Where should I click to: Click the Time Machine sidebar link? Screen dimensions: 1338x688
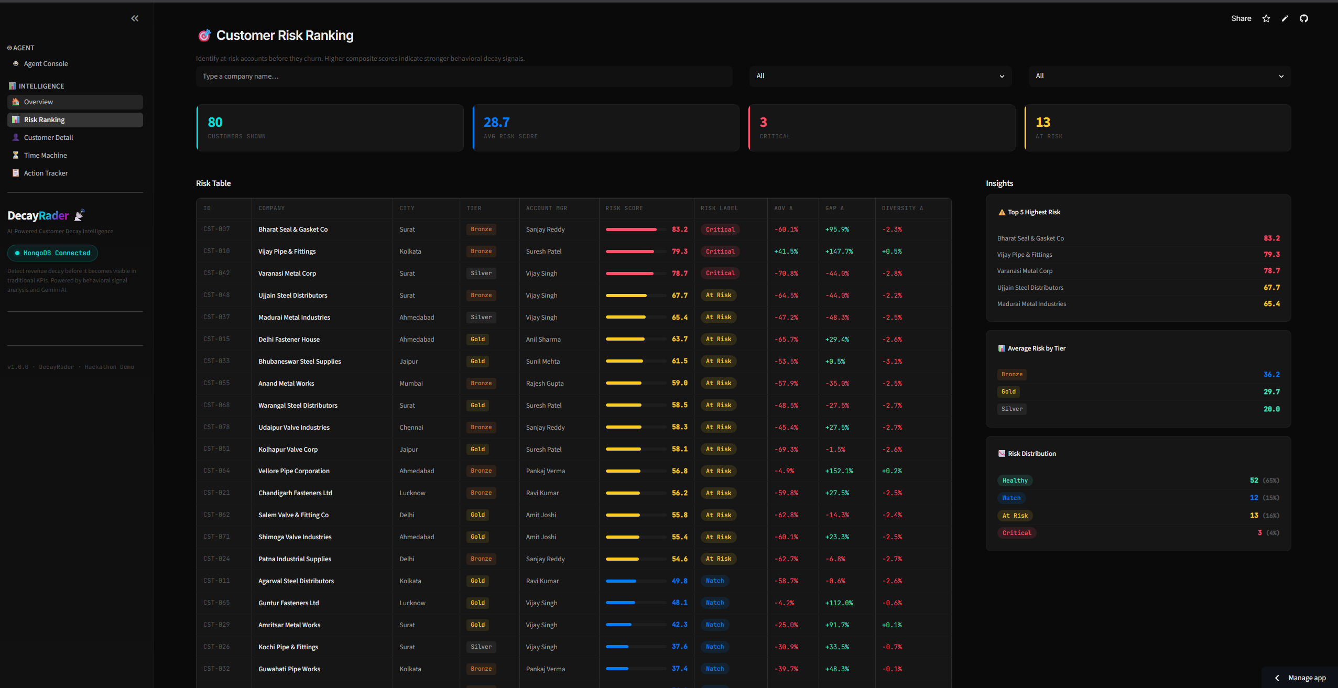coord(45,155)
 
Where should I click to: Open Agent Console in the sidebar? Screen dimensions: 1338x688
coord(46,63)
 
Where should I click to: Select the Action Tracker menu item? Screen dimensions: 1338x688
coord(46,173)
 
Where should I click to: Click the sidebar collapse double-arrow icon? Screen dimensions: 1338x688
coord(135,18)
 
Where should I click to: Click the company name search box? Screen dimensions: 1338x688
coord(464,76)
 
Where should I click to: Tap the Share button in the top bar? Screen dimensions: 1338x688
coord(1241,18)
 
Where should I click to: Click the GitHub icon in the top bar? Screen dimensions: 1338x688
coord(1304,18)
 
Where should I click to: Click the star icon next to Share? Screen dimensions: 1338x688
coord(1266,18)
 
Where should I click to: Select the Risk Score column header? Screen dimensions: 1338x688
coord(624,208)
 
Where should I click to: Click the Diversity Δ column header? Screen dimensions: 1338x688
coord(902,208)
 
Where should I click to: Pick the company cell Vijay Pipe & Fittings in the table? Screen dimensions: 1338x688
coord(287,252)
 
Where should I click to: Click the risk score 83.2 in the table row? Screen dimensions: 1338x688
coord(680,230)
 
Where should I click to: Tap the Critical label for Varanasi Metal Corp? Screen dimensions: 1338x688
coord(720,273)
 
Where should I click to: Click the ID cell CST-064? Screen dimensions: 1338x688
coord(216,471)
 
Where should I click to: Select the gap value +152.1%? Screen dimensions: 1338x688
coord(839,471)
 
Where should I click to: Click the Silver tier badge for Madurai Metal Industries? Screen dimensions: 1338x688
coord(481,317)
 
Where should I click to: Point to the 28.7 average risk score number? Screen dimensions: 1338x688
coord(496,122)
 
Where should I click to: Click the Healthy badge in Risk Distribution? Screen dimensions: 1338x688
coord(1015,480)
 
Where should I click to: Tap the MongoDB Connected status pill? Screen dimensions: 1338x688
coord(52,253)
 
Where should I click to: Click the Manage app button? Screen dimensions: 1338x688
coord(1301,678)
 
